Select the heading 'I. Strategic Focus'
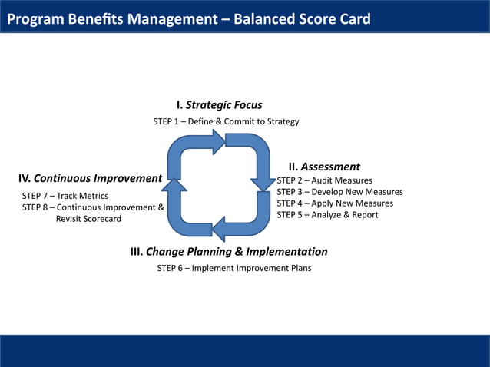219,105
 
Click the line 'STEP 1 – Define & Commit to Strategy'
226,121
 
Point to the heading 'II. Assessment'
323,167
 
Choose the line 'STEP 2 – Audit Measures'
324,180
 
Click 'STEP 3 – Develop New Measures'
339,192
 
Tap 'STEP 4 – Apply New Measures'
335,203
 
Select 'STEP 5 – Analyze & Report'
327,215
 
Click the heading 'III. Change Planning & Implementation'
229,252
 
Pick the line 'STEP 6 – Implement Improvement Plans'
234,268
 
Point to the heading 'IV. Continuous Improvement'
90,179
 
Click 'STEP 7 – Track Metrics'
65,196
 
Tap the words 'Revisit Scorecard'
88,219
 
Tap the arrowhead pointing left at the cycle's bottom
221,229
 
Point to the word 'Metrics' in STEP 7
93,196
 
